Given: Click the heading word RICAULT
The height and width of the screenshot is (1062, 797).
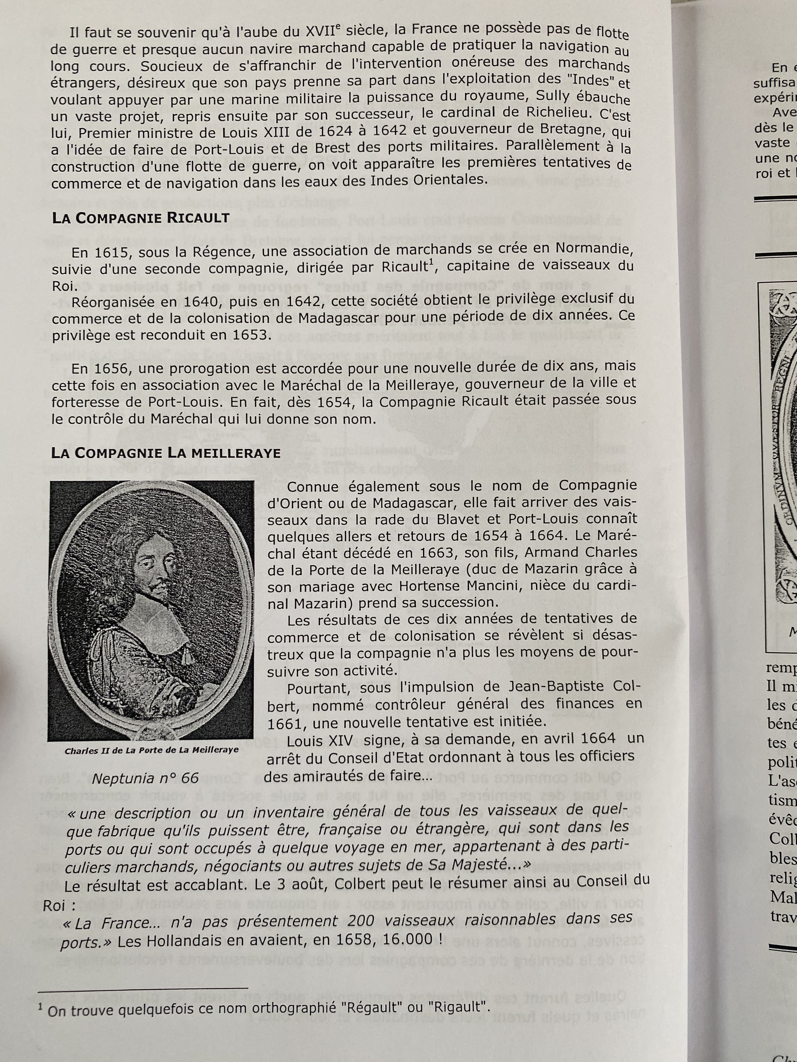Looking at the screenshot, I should coord(198,218).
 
